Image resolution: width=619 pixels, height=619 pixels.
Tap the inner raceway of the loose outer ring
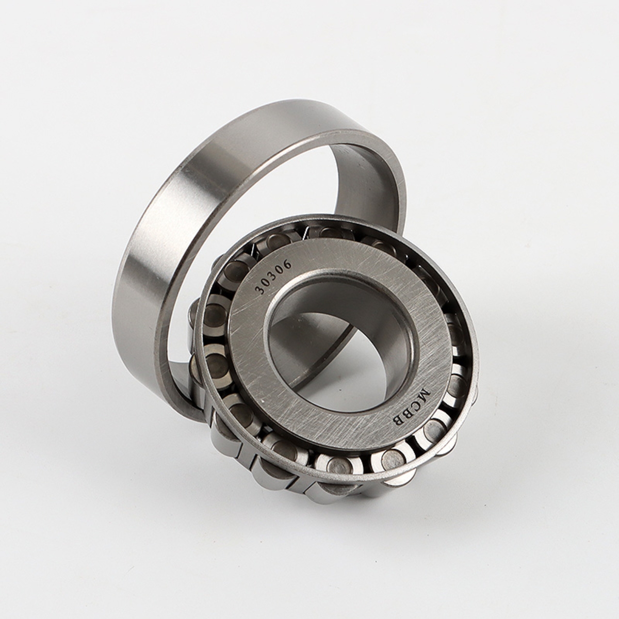point(366,181)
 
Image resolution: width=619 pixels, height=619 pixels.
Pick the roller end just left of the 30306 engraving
point(237,271)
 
